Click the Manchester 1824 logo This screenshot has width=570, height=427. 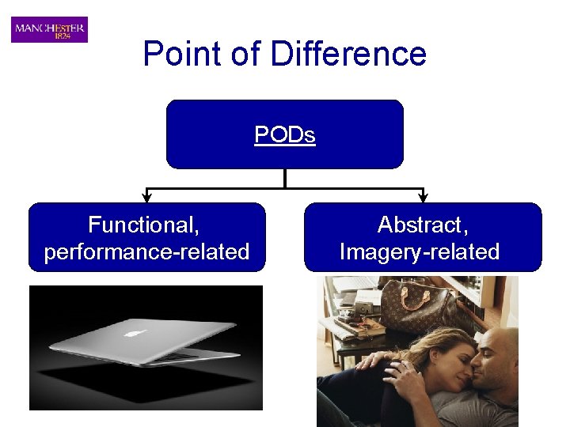49,29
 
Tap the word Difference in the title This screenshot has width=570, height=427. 348,54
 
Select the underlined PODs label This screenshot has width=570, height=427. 284,135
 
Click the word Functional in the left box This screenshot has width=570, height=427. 143,225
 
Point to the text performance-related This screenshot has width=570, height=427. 147,252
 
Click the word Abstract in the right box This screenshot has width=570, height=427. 423,225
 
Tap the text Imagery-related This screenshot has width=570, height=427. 420,252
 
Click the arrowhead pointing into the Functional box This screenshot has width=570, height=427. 146,197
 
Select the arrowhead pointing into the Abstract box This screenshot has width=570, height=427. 423,197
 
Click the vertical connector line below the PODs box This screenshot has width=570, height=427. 284,179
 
